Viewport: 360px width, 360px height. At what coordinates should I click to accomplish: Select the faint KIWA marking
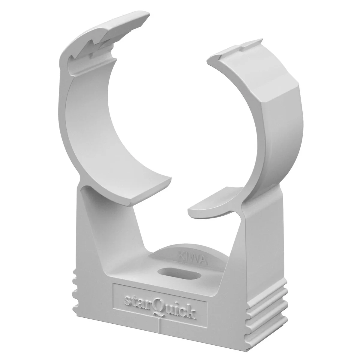click(x=193, y=257)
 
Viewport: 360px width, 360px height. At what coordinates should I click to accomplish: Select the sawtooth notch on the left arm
click(x=88, y=51)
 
